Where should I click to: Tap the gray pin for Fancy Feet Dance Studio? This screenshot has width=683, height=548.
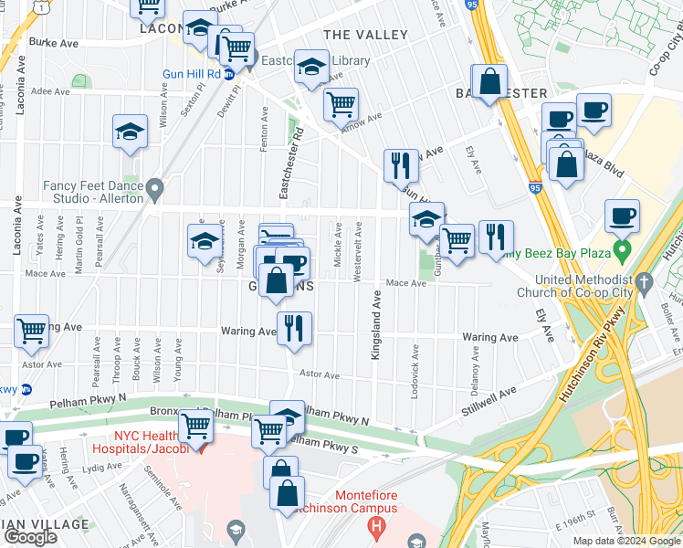tap(154, 190)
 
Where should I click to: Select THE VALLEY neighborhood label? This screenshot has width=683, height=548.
tap(365, 35)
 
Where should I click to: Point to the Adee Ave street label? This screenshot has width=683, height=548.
tap(50, 92)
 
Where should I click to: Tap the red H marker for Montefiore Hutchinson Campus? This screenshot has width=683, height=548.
tap(373, 526)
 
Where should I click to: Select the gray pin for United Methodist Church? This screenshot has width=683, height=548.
tap(645, 279)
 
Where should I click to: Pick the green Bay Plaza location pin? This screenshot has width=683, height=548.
tap(623, 248)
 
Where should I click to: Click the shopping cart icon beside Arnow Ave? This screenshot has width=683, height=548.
tap(341, 104)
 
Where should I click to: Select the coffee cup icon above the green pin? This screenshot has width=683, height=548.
tap(622, 216)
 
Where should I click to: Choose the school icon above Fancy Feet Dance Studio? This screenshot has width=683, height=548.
tap(130, 132)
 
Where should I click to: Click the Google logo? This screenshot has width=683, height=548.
tap(31, 537)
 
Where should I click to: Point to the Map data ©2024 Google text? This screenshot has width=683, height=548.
tap(626, 541)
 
